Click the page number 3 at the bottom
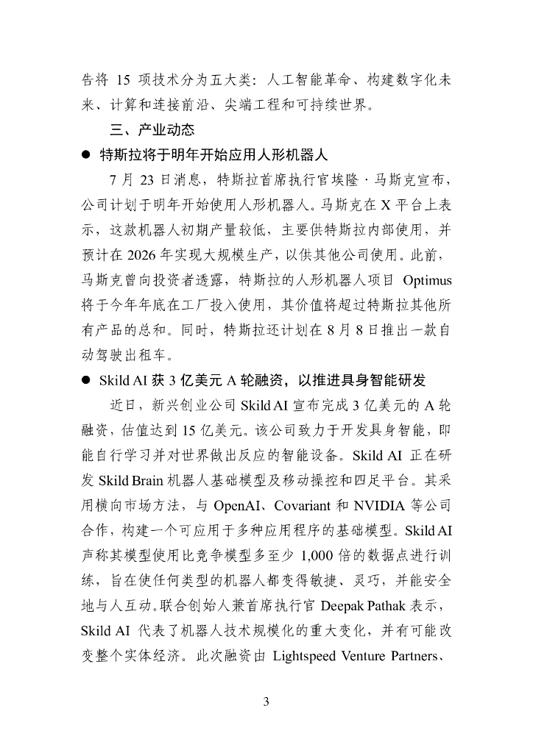point(266,702)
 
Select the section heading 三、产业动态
point(143,130)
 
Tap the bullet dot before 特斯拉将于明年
point(86,156)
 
